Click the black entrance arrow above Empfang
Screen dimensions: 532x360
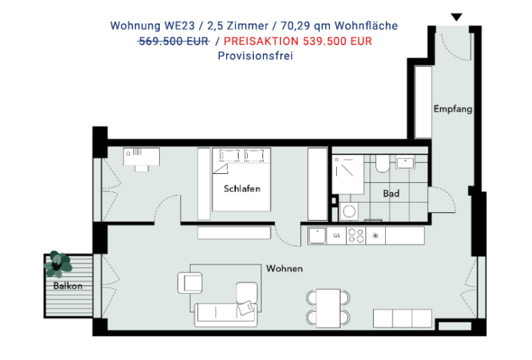point(457,17)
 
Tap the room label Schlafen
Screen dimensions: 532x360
point(242,189)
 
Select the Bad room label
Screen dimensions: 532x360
point(391,194)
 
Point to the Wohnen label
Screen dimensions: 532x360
point(284,268)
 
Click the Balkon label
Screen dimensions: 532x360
point(68,285)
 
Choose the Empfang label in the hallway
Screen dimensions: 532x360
point(453,108)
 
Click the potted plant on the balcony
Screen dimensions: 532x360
point(58,264)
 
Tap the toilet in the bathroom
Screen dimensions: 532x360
point(382,163)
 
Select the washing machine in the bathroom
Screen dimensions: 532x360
point(349,212)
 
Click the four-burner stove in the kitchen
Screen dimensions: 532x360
point(356,236)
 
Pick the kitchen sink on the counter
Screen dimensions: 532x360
point(317,236)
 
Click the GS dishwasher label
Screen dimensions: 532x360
point(336,236)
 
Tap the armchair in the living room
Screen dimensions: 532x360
point(190,282)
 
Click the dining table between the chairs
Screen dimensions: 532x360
point(328,308)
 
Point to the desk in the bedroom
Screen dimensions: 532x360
point(142,157)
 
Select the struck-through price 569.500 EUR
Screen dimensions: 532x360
point(174,41)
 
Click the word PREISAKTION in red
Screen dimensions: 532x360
point(261,41)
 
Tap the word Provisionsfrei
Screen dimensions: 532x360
point(255,56)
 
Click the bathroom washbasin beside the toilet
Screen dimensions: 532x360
point(405,163)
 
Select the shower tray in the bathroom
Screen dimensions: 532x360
point(348,175)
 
